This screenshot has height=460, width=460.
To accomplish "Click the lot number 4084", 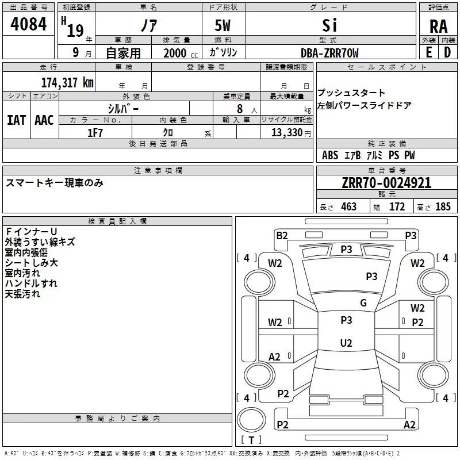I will click(x=28, y=26).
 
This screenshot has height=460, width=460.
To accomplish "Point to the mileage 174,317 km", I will click(x=67, y=83).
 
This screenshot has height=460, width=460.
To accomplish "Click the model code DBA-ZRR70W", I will click(x=329, y=53).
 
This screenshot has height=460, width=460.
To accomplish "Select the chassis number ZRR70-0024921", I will click(x=386, y=183).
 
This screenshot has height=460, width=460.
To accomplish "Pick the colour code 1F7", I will click(x=95, y=133).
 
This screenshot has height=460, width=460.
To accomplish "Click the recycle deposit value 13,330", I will click(x=285, y=133).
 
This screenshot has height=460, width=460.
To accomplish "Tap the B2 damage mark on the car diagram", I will click(x=282, y=235).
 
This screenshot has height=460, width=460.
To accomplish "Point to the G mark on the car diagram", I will click(x=363, y=303).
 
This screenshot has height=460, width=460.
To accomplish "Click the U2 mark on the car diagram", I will click(x=346, y=343).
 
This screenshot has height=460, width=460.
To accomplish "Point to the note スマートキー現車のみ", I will click(x=55, y=183).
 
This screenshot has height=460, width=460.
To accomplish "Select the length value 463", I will click(x=348, y=207).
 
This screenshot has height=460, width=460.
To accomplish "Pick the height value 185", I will click(x=443, y=207).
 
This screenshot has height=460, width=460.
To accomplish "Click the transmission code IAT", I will click(x=16, y=120).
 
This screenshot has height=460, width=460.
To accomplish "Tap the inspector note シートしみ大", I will click(x=31, y=263).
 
